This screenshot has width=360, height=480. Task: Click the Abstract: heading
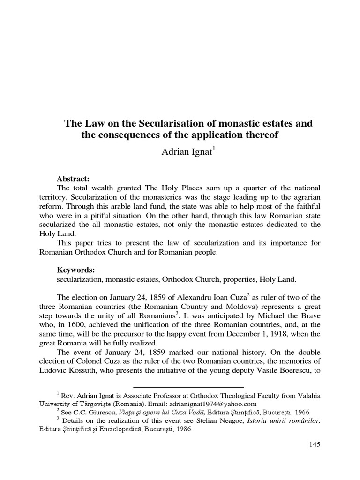pos(73,179)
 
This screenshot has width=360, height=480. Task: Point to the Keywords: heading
pos(75,270)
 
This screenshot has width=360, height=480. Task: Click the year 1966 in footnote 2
pos(300,412)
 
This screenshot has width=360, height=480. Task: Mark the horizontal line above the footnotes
pos(189,388)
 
